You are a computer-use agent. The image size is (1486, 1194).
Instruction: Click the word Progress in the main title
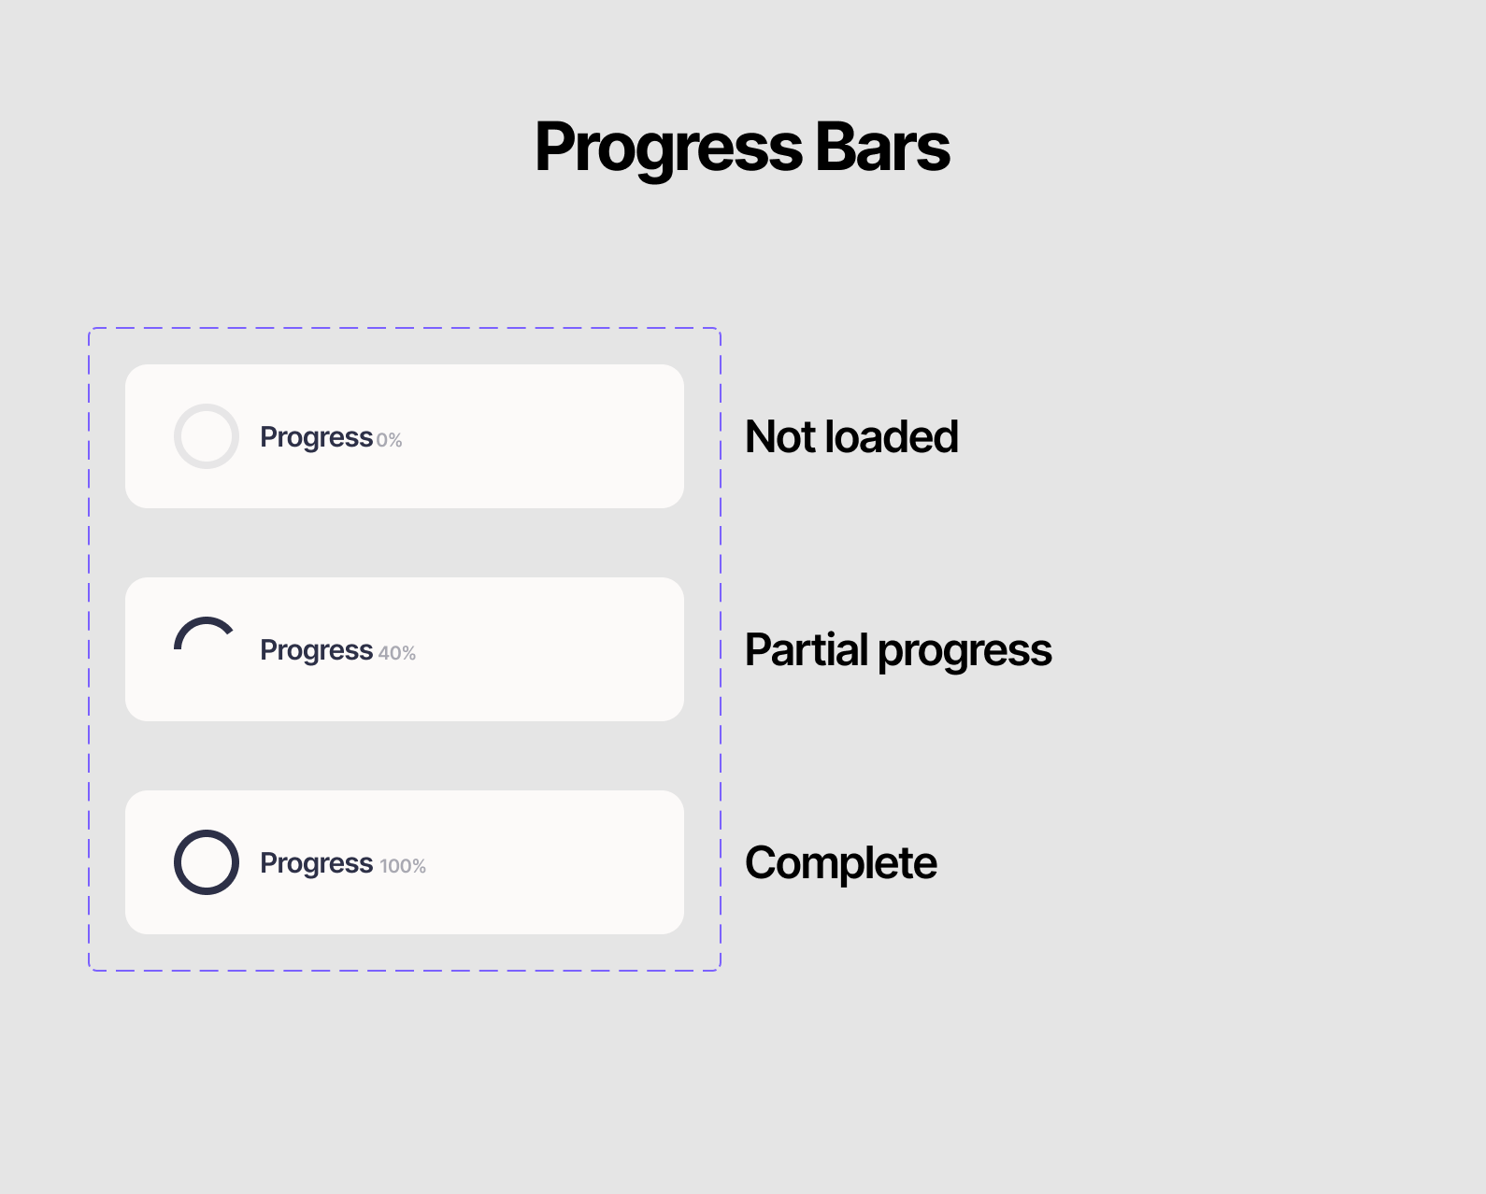pos(668,149)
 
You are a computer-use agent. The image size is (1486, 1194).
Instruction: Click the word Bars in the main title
pos(882,147)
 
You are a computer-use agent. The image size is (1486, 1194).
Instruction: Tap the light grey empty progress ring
pos(175,436)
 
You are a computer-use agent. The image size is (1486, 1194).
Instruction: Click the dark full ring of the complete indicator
pos(175,862)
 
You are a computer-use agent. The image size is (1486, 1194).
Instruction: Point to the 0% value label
pos(389,440)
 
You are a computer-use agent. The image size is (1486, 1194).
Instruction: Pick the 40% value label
pos(397,653)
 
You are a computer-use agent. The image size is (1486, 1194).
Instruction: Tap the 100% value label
pos(403,866)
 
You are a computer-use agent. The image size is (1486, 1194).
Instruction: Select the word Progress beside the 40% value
pos(316,652)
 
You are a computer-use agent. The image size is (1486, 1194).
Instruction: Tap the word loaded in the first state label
pos(893,437)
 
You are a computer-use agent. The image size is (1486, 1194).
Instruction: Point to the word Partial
pos(806,649)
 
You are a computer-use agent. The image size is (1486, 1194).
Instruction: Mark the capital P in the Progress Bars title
pos(554,147)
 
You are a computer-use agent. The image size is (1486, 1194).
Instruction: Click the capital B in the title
pos(835,147)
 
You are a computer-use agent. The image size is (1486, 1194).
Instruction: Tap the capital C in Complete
pos(762,862)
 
